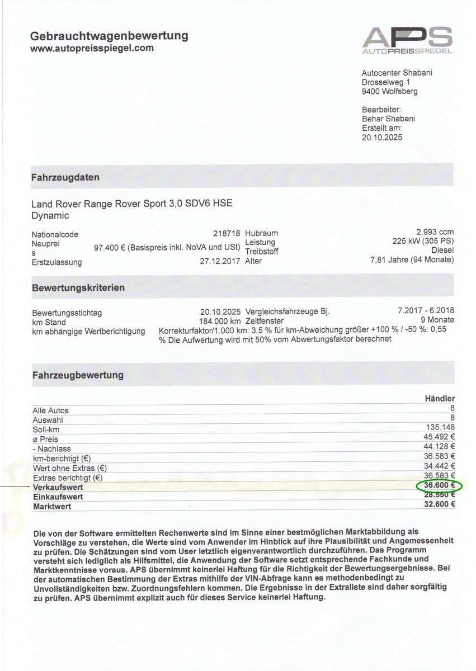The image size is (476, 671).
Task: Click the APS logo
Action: (x=407, y=40)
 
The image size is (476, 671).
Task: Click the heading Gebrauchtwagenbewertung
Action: (x=109, y=36)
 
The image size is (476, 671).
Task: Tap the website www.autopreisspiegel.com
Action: (x=92, y=49)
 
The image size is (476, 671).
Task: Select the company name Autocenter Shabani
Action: (x=397, y=73)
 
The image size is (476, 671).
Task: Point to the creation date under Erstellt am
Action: (x=382, y=138)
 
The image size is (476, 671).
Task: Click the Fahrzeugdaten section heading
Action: (x=65, y=178)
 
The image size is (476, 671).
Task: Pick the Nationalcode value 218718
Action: (x=227, y=234)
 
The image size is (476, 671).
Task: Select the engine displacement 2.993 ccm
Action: (x=435, y=232)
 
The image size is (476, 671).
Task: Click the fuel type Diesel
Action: (x=442, y=251)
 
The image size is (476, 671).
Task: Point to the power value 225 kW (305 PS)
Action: (x=423, y=242)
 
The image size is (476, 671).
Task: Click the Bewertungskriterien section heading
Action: (x=78, y=288)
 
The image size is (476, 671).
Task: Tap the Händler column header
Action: (x=440, y=399)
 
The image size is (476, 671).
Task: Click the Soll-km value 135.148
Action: (x=441, y=428)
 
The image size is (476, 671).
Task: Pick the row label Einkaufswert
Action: (x=58, y=497)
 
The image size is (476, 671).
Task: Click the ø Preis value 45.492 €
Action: (x=440, y=437)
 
